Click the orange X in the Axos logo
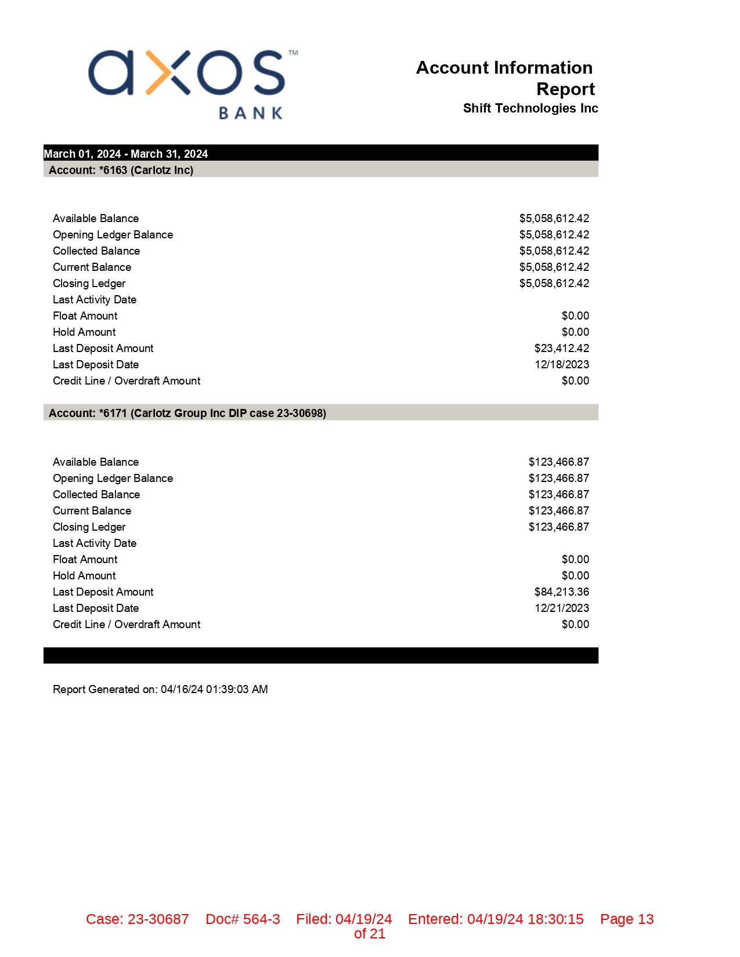click(167, 72)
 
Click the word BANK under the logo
click(251, 113)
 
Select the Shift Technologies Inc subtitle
click(530, 108)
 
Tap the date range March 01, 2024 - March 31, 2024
click(126, 154)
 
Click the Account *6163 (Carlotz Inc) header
click(121, 170)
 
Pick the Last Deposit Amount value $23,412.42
click(561, 348)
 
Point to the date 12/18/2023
click(561, 364)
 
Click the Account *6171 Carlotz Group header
click(187, 413)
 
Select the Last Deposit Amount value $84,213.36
click(561, 592)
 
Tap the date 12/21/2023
click(561, 608)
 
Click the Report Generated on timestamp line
click(160, 689)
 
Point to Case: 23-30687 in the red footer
click(138, 919)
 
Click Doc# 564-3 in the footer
click(243, 919)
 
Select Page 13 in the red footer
click(627, 919)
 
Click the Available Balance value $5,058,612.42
click(554, 218)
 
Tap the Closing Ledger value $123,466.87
click(558, 527)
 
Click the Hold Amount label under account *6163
click(84, 332)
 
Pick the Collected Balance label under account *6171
click(96, 494)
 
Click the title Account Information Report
click(505, 78)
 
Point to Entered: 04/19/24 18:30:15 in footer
click(496, 919)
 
